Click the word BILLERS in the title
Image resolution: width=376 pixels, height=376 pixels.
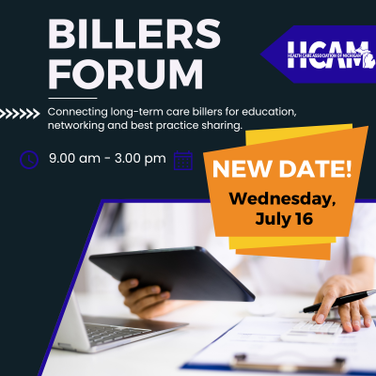click(134, 33)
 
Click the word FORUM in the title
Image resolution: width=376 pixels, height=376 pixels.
click(126, 74)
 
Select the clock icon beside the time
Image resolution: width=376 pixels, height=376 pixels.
click(29, 160)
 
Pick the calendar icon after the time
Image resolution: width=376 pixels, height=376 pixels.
click(183, 161)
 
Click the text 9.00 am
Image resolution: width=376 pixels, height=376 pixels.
click(74, 158)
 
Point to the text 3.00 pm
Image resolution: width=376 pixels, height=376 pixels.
click(140, 159)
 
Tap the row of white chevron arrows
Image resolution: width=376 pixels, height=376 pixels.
click(20, 114)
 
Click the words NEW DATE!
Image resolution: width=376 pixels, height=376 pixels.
click(282, 169)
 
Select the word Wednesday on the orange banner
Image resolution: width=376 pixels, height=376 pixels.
click(282, 199)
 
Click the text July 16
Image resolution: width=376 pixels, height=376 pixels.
click(284, 218)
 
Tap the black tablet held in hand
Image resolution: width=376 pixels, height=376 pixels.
click(172, 272)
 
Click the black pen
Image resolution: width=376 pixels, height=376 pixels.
click(337, 301)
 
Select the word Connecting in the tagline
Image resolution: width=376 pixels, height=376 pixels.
click(78, 112)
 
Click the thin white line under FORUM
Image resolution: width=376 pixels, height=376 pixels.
click(72, 98)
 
